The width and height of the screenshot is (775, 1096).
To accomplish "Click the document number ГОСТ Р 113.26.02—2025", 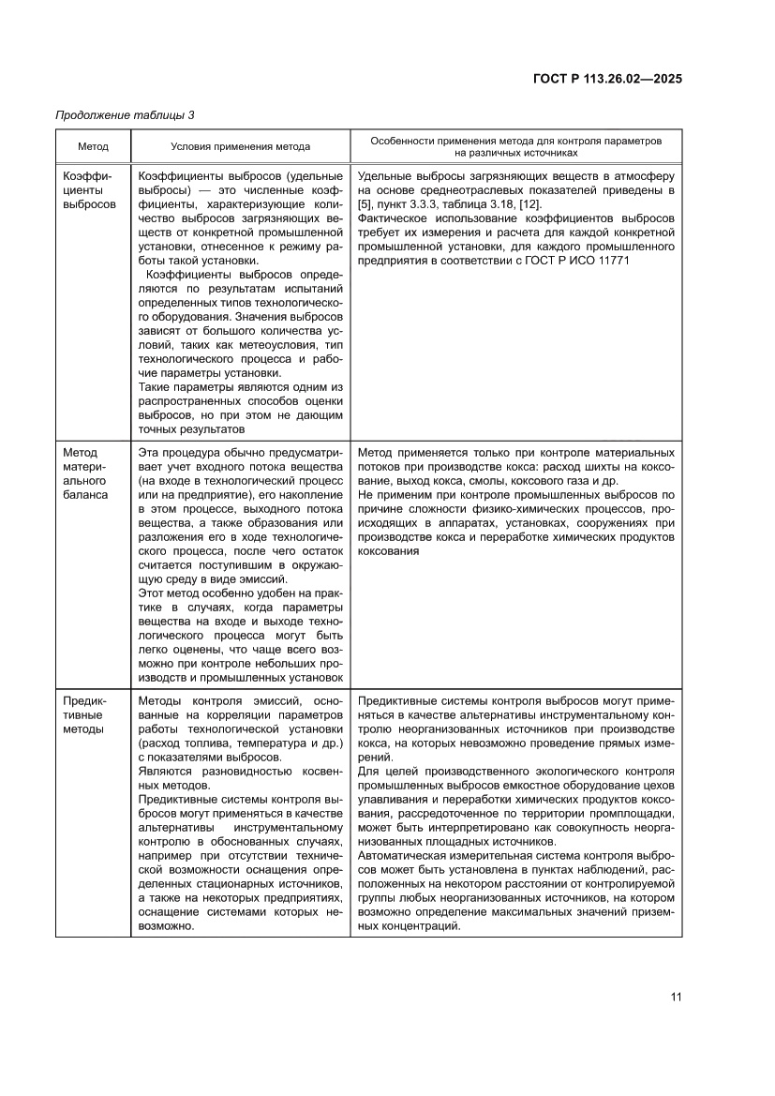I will click(x=601, y=79).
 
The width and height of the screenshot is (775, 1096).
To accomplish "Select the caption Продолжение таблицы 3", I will click(x=125, y=115).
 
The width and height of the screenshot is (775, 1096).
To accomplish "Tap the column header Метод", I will click(x=93, y=146).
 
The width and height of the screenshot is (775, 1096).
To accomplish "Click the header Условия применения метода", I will click(x=240, y=146).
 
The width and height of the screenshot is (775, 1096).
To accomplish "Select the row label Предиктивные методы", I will click(x=87, y=714).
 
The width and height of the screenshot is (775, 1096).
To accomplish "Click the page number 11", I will click(x=676, y=997).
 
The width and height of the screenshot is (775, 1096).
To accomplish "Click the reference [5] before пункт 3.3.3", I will click(x=365, y=204).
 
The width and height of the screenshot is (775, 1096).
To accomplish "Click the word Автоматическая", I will click(x=402, y=856).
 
